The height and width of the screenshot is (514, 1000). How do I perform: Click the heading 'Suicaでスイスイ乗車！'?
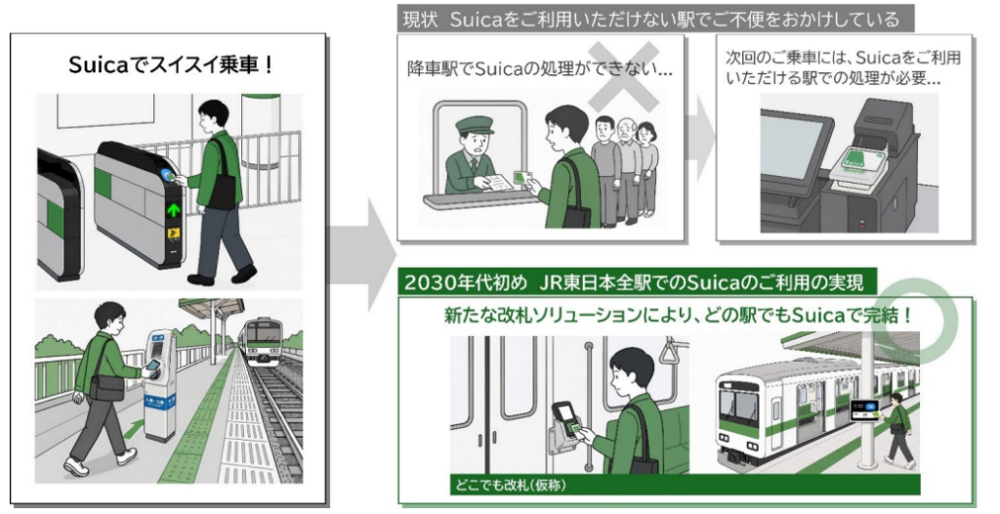coord(170,65)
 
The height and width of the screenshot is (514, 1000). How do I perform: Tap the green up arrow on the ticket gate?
coord(173,209)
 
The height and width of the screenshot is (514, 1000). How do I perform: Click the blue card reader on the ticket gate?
coord(168,176)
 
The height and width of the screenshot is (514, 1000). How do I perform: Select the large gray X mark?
coord(623,76)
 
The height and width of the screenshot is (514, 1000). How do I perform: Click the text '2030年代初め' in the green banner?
coord(465,281)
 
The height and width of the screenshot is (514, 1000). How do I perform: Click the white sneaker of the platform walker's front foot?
coord(76,467)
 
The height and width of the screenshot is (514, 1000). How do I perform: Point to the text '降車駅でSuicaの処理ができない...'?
coord(539,69)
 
